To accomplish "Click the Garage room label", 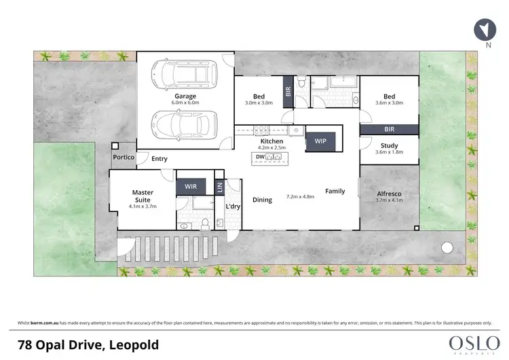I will (x=185, y=96).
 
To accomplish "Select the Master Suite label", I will (x=143, y=197).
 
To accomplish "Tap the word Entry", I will (x=159, y=159).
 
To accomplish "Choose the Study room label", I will (x=390, y=145).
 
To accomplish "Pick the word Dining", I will (x=262, y=200).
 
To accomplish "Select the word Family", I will (x=336, y=191).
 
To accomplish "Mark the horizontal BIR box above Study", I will (x=389, y=129).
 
